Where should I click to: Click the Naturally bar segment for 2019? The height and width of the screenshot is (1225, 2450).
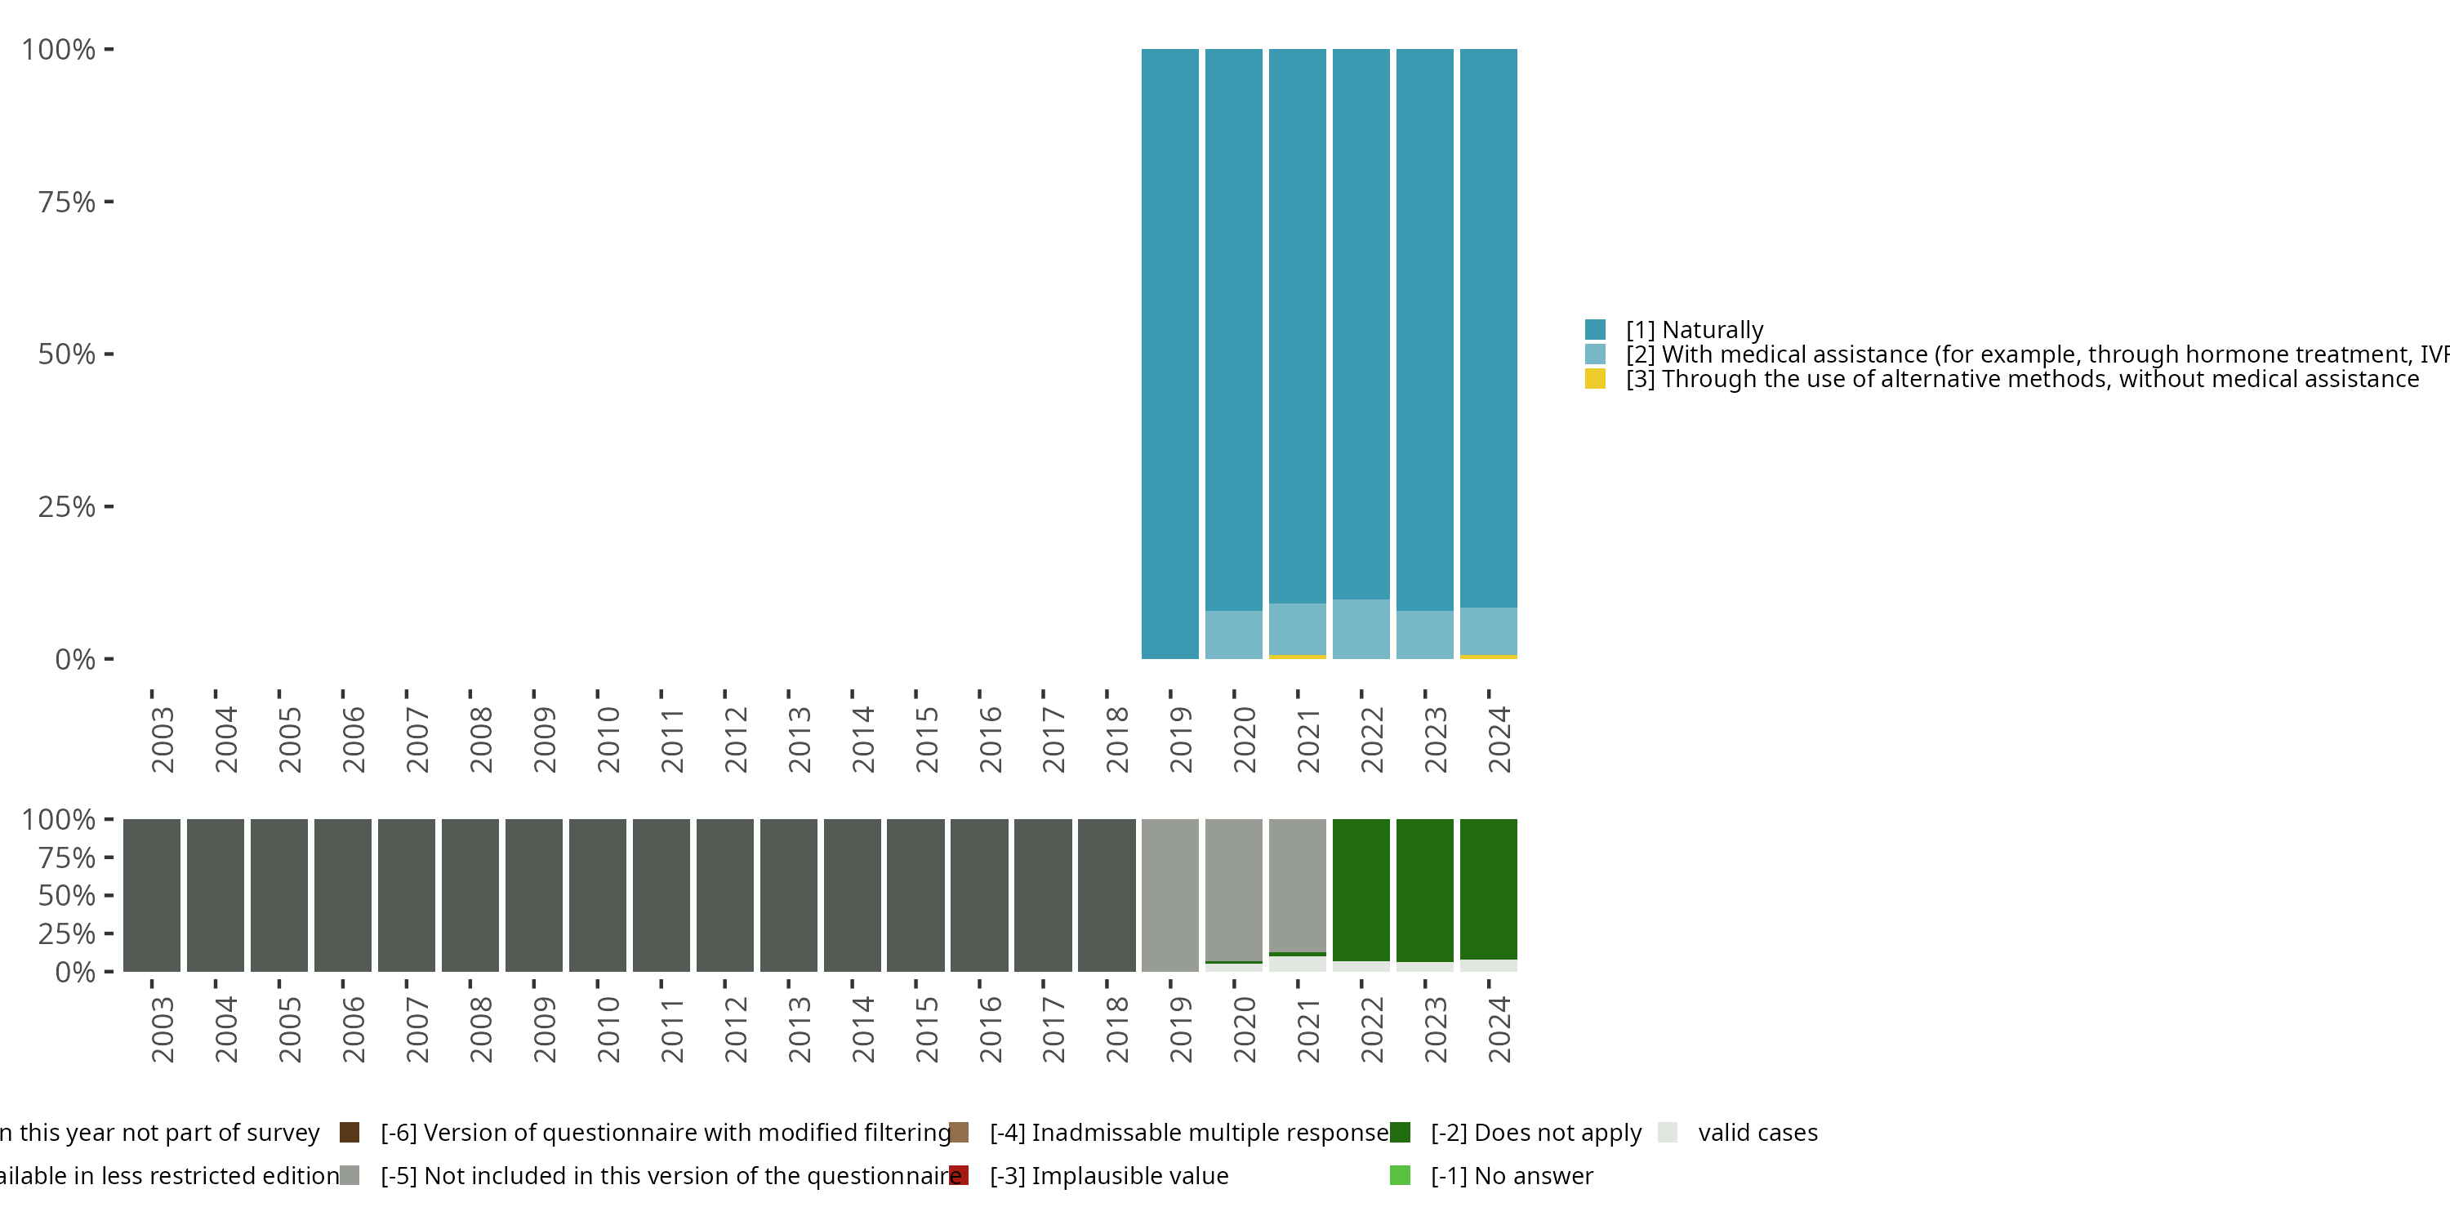coord(1169,352)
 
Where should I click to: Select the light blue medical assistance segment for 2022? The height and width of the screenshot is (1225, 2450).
coord(1361,629)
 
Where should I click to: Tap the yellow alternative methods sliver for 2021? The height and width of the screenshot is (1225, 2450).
coord(1298,657)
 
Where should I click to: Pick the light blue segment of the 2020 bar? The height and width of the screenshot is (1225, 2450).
coord(1233,635)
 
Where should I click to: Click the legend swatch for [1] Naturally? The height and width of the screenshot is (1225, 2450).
coord(1595,330)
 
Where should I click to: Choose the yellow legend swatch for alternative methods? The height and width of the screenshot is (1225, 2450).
coord(1595,380)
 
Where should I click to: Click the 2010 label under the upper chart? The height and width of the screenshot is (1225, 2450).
coord(608,739)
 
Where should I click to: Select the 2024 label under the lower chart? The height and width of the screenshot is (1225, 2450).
coord(1499,1029)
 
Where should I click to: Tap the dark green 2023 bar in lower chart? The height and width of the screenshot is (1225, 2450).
coord(1425,889)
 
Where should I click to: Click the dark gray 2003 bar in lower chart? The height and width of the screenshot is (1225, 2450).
coord(152,895)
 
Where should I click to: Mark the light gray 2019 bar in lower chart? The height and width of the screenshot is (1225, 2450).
coord(1169,895)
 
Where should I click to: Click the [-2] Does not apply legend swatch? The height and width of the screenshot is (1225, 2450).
coord(1400,1132)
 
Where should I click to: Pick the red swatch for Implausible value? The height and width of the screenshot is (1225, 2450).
coord(959,1175)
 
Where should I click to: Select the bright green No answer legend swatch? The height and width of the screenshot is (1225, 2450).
coord(1400,1175)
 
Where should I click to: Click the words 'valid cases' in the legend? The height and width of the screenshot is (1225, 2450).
coord(1757,1133)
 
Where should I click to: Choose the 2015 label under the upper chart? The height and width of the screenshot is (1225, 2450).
coord(926,739)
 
